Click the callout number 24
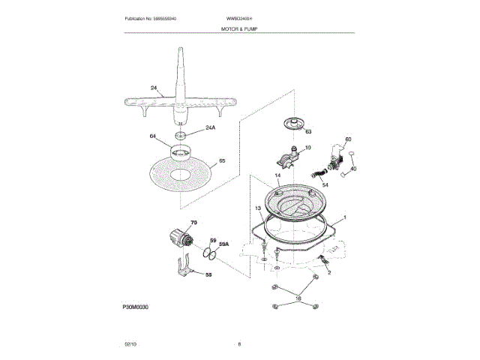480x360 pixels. [x=154, y=88]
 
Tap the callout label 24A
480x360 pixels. [x=210, y=128]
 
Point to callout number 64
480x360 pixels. [x=153, y=136]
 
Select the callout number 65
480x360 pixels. [x=221, y=160]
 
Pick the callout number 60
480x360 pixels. [x=347, y=139]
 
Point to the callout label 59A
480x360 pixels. [x=223, y=244]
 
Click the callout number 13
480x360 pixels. [x=257, y=208]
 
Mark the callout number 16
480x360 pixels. [x=298, y=298]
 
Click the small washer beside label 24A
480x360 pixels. [x=180, y=135]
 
